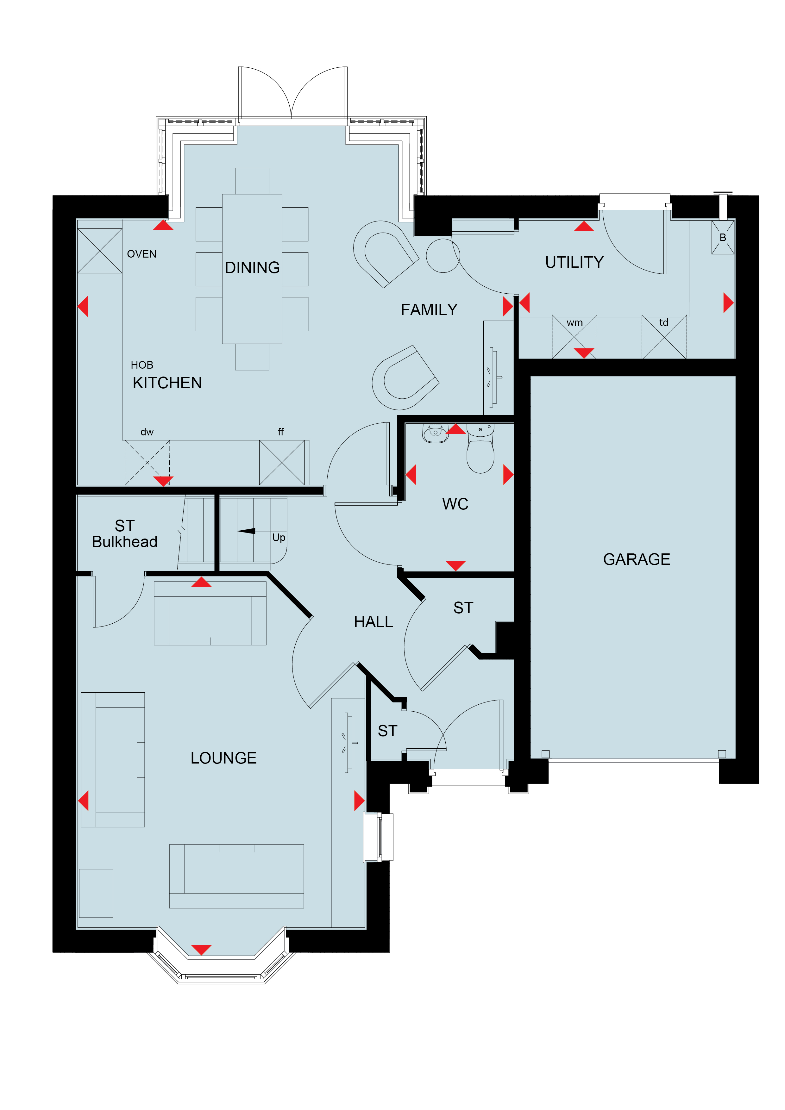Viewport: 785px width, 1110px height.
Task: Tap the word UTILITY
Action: pos(574,262)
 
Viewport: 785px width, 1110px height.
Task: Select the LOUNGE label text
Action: pos(223,758)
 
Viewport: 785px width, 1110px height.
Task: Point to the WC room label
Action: pos(455,504)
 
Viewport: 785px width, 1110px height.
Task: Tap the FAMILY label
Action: pos(429,309)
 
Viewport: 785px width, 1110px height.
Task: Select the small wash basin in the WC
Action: pos(435,433)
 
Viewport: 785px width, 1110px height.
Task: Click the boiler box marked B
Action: pos(723,237)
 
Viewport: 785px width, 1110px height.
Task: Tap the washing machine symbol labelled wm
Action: pos(575,337)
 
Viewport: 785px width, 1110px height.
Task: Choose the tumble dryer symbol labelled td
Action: pos(664,337)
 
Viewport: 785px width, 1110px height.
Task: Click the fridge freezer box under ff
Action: pos(282,462)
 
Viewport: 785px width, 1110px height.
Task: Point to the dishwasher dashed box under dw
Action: pos(147,462)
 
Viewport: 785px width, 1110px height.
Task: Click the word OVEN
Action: pos(142,254)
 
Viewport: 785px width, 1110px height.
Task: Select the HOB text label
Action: pos(142,365)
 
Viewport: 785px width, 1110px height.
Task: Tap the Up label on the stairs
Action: pos(279,538)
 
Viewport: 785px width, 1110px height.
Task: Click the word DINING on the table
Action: pos(252,267)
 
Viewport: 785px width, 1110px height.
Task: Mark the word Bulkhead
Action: pos(125,541)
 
